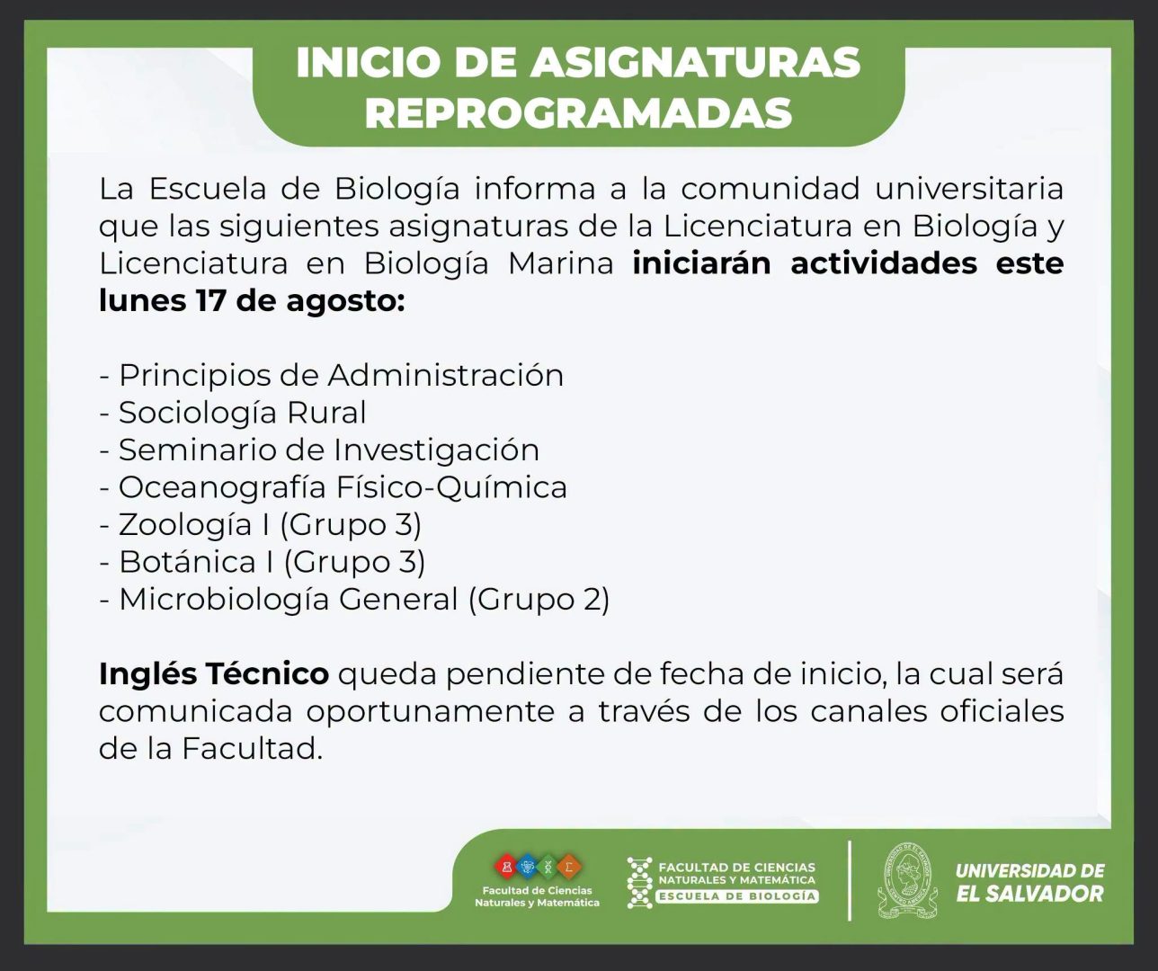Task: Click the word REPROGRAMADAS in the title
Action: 578,113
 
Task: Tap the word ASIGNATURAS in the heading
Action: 696,62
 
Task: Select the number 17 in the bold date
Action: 210,300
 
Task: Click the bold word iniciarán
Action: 701,263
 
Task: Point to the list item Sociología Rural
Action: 243,413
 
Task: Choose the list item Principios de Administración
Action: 342,376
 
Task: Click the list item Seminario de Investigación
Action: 329,450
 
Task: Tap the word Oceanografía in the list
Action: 222,487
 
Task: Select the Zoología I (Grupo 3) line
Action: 270,524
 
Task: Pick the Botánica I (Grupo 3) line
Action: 272,562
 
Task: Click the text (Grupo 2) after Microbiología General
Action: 539,600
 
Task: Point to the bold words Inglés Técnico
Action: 214,674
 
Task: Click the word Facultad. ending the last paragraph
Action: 253,749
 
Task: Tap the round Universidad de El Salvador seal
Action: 907,880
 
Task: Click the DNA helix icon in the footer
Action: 639,882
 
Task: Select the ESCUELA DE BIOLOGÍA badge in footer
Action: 737,896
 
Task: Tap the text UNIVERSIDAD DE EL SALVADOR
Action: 1030,882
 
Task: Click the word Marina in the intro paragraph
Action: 560,263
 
